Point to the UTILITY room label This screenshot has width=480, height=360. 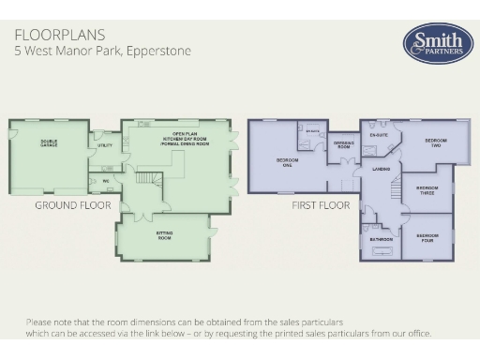[x=103, y=145]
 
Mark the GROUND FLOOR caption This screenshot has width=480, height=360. [x=72, y=204]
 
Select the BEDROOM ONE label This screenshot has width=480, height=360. [x=288, y=161]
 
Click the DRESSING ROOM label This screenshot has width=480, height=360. [x=342, y=144]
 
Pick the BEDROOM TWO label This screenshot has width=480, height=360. [x=435, y=142]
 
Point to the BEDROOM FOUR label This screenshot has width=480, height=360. [x=427, y=236]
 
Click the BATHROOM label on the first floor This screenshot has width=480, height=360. [x=381, y=239]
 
